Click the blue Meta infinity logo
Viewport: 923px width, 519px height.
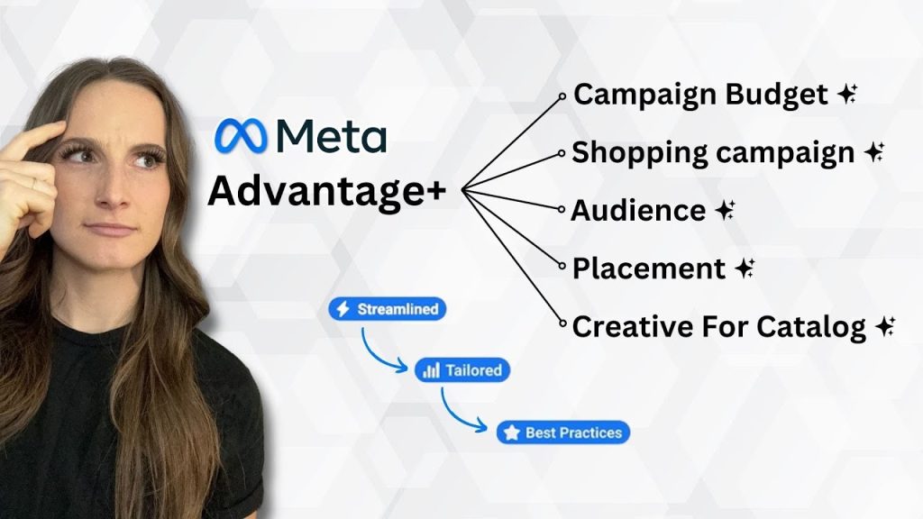(x=241, y=136)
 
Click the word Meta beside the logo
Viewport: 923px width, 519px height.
(x=332, y=136)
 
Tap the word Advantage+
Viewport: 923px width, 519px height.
(x=326, y=191)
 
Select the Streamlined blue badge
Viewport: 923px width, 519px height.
(x=388, y=309)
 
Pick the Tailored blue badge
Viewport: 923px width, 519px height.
(x=462, y=370)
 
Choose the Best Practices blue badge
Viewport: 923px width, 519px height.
(x=563, y=432)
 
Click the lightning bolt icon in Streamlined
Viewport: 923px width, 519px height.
(x=343, y=309)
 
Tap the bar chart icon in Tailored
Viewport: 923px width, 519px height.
(x=432, y=370)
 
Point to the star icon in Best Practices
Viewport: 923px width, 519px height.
(x=512, y=432)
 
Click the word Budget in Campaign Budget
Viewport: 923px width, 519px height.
(x=776, y=95)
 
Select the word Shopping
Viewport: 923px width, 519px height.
(x=640, y=152)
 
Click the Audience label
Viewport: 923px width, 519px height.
(x=638, y=210)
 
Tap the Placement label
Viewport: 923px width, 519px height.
(x=649, y=269)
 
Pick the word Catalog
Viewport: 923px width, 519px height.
(x=811, y=326)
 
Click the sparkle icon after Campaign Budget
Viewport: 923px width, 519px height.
(x=847, y=94)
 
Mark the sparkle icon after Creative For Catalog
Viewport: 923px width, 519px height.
(x=886, y=326)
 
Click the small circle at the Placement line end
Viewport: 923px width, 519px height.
(x=562, y=266)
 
